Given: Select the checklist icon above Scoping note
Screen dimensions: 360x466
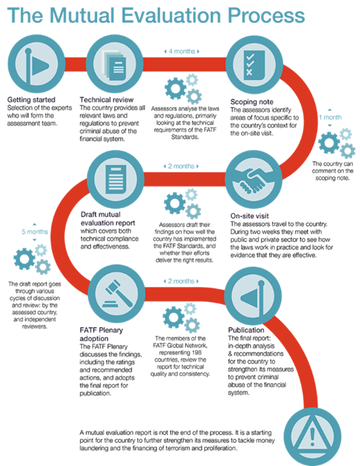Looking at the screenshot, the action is click(x=254, y=65).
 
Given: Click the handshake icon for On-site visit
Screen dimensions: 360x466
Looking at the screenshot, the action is click(x=254, y=180).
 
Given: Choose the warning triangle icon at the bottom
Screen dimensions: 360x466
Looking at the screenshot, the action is click(x=312, y=436).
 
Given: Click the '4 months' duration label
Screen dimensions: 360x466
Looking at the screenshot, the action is click(x=182, y=51).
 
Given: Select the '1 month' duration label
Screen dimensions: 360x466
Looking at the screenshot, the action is click(x=330, y=118).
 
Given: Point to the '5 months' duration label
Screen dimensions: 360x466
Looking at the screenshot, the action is click(x=35, y=232).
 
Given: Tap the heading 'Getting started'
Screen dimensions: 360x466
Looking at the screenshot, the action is click(x=31, y=99).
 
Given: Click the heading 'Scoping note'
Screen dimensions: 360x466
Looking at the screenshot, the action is click(x=252, y=101).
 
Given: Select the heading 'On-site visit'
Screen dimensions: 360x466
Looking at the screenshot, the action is click(x=249, y=216).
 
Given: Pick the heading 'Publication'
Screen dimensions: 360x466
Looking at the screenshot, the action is click(x=246, y=330).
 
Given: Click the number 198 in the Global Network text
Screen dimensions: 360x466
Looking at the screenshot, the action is click(x=197, y=353).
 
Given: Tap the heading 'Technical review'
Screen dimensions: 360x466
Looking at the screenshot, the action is click(x=106, y=99).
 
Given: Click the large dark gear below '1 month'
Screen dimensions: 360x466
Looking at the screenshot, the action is click(x=329, y=143).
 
